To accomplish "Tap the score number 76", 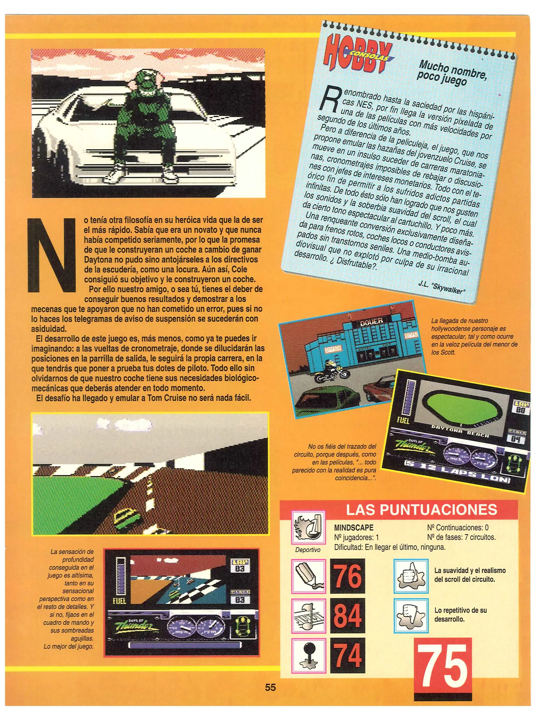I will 347,576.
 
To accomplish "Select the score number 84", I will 347,615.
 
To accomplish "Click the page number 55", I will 270,687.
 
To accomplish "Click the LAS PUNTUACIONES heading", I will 421,510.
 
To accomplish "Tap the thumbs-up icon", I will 411,576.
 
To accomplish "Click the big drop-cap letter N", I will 52,254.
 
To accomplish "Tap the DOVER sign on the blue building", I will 371,321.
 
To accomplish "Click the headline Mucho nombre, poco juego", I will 452,73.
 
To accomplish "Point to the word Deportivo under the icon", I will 307,550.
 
